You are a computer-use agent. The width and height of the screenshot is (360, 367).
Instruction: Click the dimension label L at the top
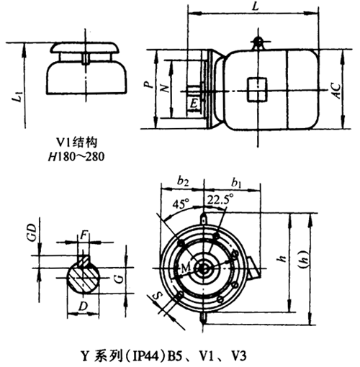coord(256,6)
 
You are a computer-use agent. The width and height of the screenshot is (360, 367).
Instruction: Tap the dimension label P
coord(147,85)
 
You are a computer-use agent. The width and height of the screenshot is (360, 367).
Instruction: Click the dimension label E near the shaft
coord(193,105)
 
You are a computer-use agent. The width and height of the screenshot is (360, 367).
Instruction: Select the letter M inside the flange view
coord(186,268)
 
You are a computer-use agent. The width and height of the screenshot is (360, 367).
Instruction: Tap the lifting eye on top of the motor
coord(256,42)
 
